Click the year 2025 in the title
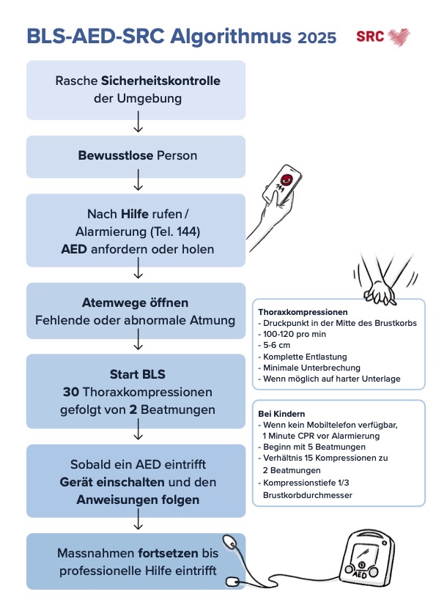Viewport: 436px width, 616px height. pos(317,37)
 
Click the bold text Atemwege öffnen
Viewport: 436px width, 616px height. pos(136,303)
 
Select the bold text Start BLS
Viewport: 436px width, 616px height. pos(136,374)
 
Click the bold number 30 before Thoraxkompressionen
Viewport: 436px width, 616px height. pos(71,392)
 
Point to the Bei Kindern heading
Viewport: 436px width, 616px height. pos(279,413)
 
